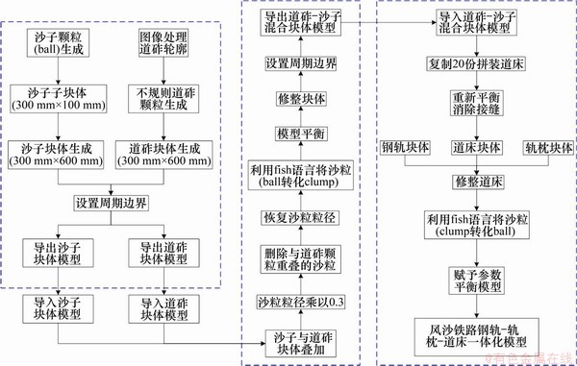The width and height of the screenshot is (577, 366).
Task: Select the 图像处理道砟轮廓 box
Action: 158,42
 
